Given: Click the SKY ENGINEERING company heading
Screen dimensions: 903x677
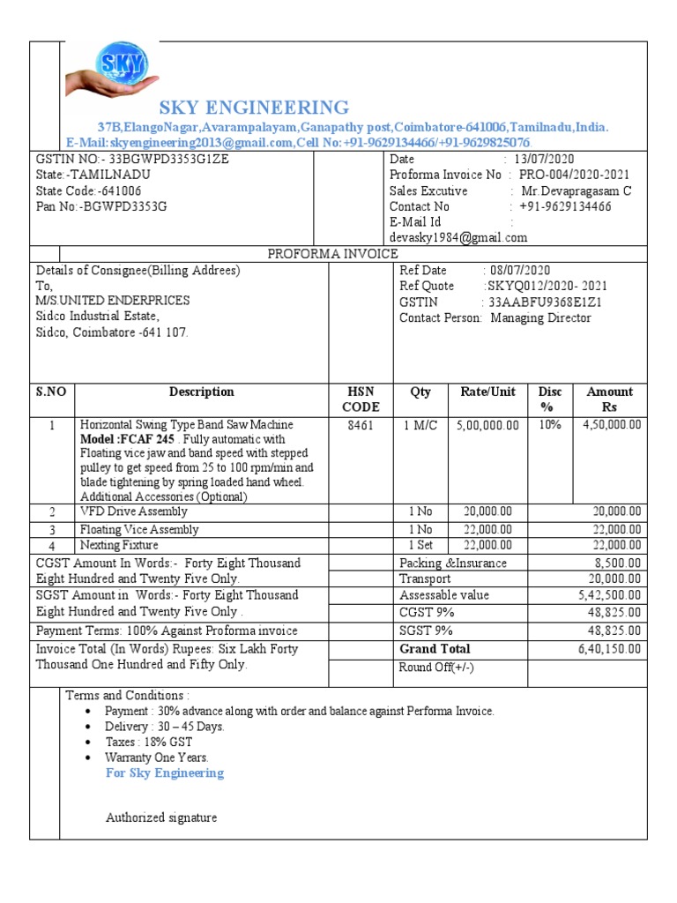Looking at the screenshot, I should pyautogui.click(x=253, y=108).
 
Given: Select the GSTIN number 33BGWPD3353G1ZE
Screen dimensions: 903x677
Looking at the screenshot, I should pyautogui.click(x=168, y=159).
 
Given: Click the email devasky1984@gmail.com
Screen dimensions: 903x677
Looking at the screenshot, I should pyautogui.click(x=458, y=237).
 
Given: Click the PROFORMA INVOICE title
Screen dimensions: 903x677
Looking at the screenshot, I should pyautogui.click(x=332, y=254).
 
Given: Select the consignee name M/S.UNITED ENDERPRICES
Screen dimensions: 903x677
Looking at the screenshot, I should pyautogui.click(x=113, y=300).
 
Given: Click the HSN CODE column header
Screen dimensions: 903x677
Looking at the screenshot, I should pyautogui.click(x=361, y=399).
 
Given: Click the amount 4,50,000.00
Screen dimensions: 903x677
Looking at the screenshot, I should pyautogui.click(x=611, y=425).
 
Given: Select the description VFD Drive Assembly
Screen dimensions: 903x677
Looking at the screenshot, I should pyautogui.click(x=134, y=511).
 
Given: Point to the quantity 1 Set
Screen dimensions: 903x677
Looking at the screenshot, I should pyautogui.click(x=420, y=546).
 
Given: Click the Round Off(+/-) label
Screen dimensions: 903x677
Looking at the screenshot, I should pyautogui.click(x=436, y=667).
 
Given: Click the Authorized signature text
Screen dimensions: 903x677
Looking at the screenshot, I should pyautogui.click(x=161, y=817).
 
